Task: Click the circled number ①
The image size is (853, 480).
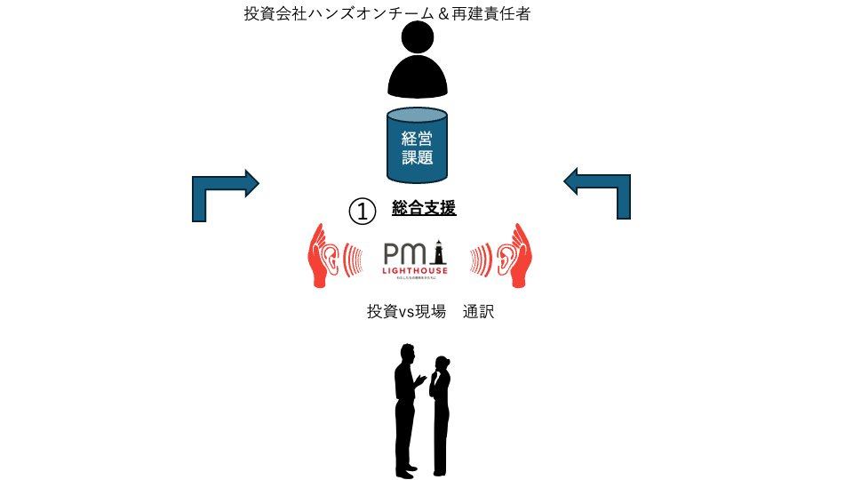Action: click(363, 212)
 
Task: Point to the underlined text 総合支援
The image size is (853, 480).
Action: click(424, 209)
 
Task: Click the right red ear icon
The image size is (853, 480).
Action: click(507, 256)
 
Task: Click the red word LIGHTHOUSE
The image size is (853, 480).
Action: click(415, 269)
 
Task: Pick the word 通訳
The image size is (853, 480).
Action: click(478, 312)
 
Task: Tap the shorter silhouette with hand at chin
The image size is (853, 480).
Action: click(440, 413)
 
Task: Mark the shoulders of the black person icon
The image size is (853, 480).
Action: click(418, 78)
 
